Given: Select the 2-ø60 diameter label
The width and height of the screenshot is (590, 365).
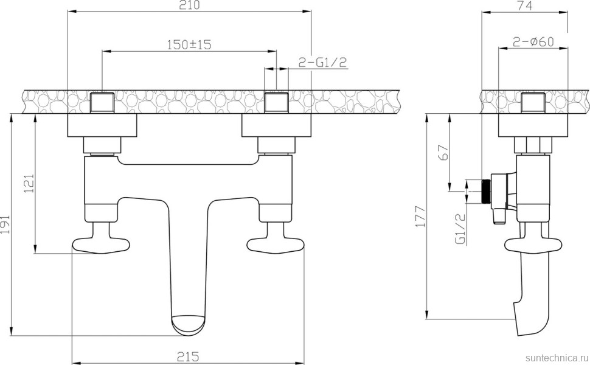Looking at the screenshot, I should (533, 42).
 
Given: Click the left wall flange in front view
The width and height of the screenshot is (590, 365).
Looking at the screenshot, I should (102, 126).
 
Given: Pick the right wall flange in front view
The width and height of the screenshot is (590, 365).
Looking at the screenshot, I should (276, 126).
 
